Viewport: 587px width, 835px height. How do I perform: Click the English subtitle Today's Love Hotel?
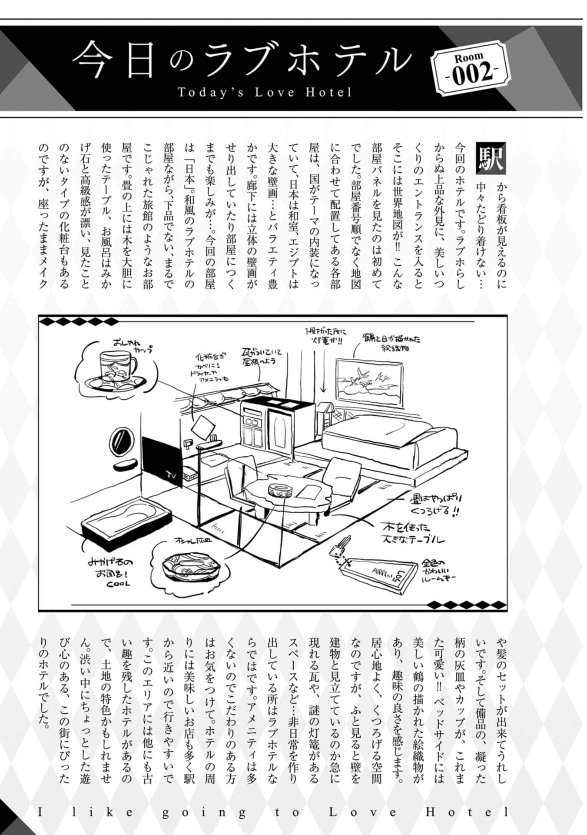tap(264, 92)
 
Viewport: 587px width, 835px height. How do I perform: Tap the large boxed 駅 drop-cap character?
tap(491, 157)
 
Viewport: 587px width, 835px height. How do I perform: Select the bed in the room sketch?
tap(391, 439)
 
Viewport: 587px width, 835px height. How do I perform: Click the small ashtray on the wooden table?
tap(280, 491)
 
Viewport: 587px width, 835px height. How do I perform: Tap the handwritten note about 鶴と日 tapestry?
tap(390, 342)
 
